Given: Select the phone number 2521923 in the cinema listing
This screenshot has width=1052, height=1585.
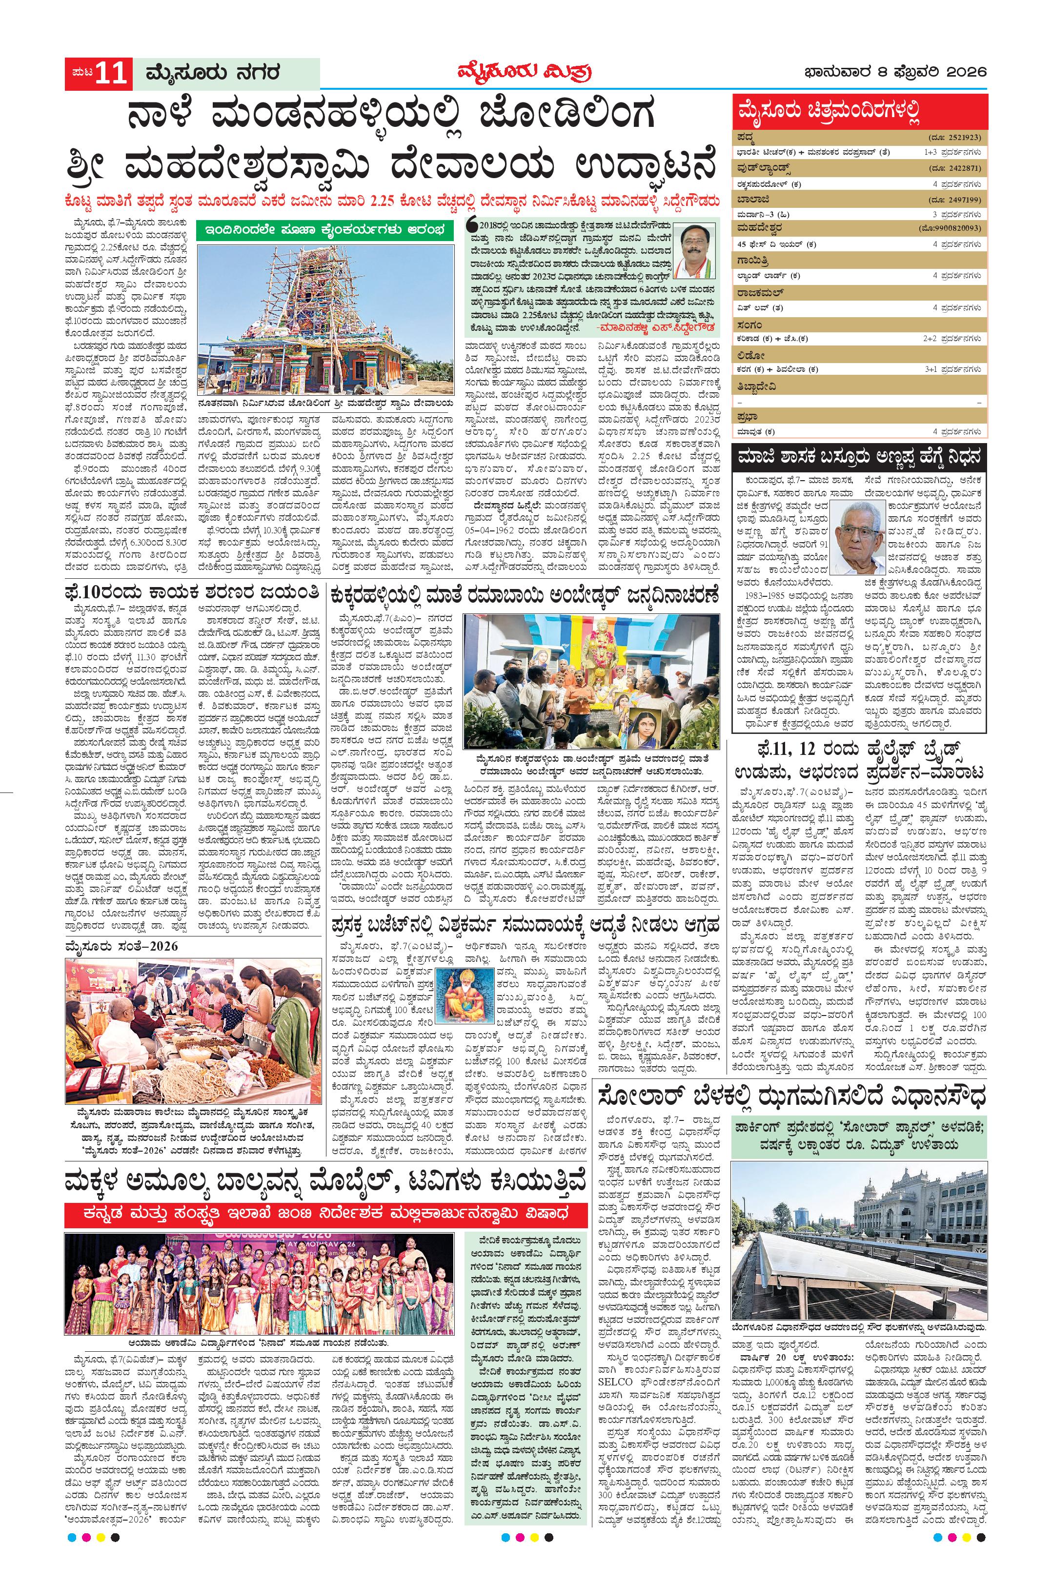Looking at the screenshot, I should [x=962, y=138].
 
